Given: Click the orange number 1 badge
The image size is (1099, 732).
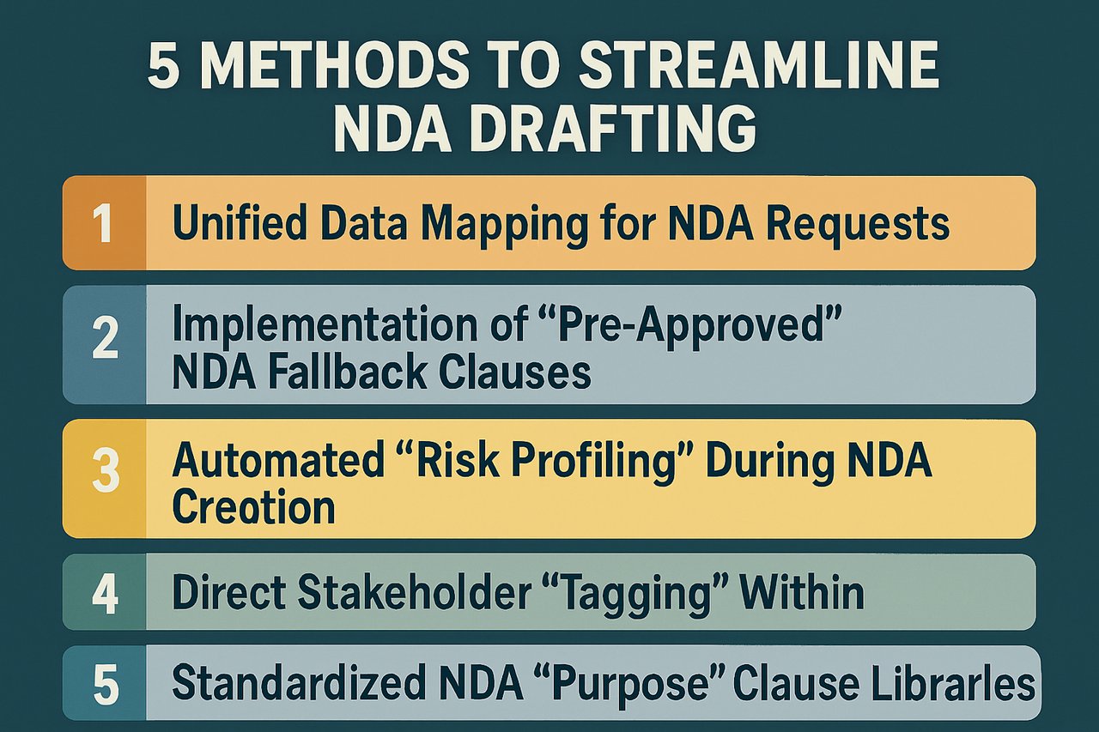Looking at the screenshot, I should click(x=104, y=223).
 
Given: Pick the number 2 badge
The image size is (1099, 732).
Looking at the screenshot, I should click(x=104, y=342).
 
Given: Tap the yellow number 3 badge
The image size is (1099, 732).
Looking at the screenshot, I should click(x=104, y=477).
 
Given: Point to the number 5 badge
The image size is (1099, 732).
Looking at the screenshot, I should click(x=104, y=682).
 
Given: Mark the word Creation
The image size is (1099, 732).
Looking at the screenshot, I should click(x=252, y=507).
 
